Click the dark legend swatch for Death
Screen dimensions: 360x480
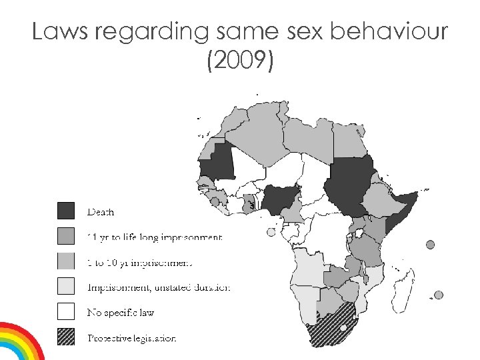[x=65, y=211]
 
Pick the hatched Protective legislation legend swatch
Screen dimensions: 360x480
[x=65, y=337]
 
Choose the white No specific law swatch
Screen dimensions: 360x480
[x=65, y=312]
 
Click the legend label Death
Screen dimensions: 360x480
[x=101, y=212]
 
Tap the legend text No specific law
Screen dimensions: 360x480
[x=121, y=313]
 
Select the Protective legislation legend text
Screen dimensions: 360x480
[x=132, y=338]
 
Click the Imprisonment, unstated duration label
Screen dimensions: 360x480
[x=159, y=287]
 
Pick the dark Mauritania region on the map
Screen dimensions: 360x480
[x=220, y=163]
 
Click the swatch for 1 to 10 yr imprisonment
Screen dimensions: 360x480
[x=65, y=261]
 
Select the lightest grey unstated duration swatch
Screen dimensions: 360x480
[x=65, y=287]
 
